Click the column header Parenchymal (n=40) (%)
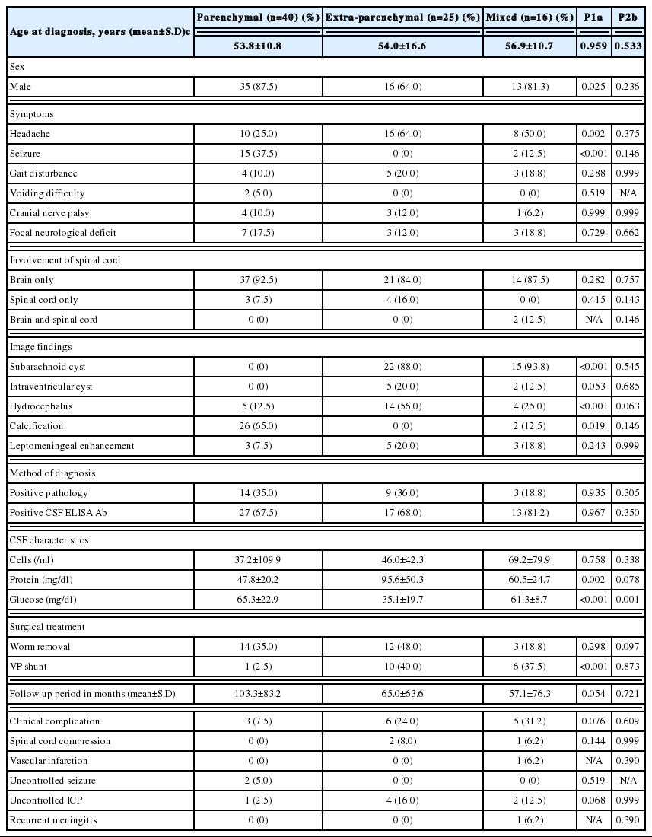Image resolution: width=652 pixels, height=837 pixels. point(258,17)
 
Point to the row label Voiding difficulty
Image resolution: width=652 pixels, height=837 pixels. point(47,193)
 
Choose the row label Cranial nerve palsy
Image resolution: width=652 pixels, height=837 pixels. point(50,213)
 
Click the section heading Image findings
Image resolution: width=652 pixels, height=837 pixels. point(40,346)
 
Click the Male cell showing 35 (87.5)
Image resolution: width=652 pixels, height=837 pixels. point(258,87)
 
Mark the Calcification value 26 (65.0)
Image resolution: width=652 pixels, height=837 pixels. point(258,426)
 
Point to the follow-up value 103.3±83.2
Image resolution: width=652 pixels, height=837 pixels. point(258,694)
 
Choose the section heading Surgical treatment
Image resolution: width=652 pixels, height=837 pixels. point(47,627)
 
